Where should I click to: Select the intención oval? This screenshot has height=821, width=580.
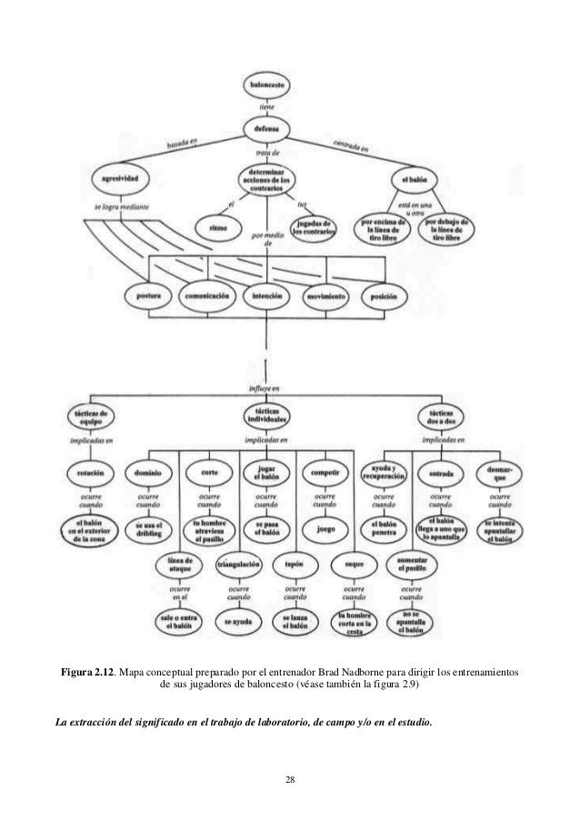pyautogui.click(x=267, y=297)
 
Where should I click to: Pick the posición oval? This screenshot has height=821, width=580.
pyautogui.click(x=386, y=297)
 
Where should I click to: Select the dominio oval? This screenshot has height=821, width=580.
pyautogui.click(x=148, y=474)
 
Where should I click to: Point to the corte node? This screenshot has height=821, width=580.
pyautogui.click(x=208, y=474)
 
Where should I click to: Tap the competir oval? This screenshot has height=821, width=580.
pyautogui.click(x=325, y=474)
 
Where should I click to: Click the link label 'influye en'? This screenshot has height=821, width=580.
pyautogui.click(x=266, y=389)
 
